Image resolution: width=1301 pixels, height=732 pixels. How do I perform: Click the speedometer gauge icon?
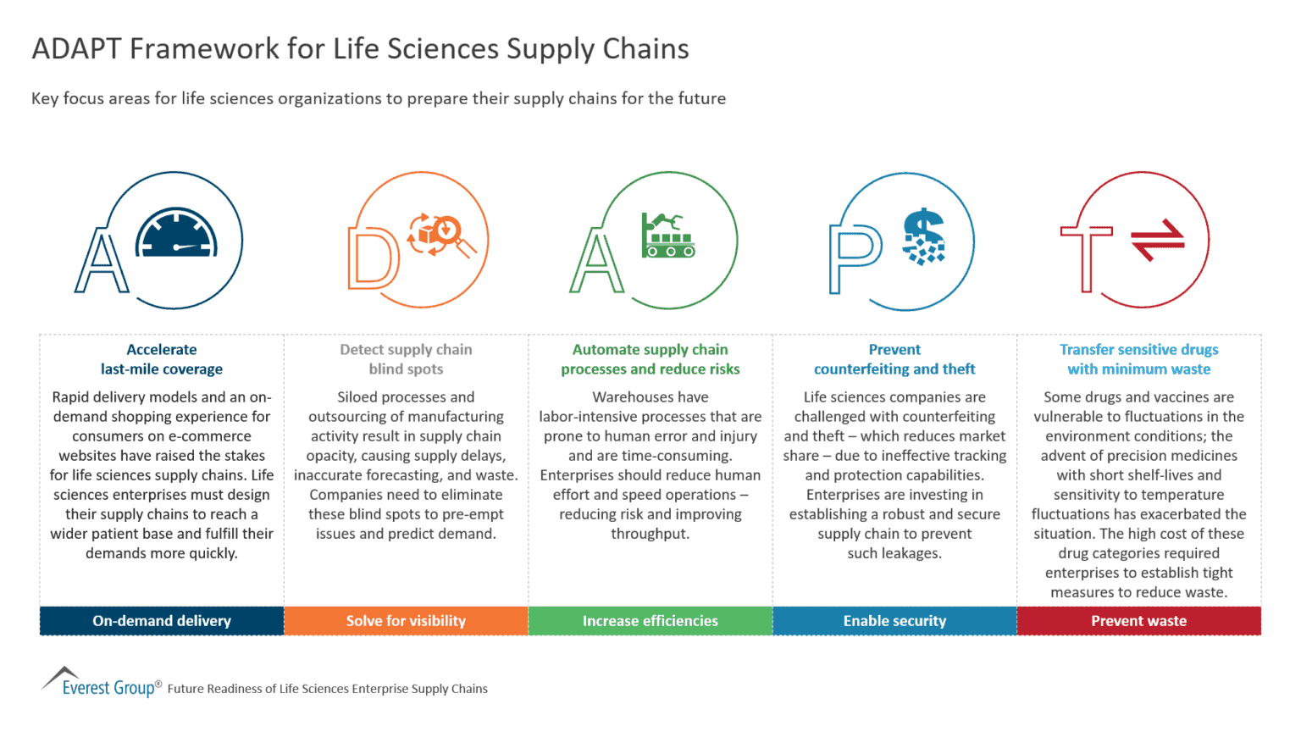click(176, 233)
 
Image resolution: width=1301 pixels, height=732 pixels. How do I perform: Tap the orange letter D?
click(373, 258)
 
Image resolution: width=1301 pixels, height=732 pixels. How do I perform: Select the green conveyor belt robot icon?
click(668, 236)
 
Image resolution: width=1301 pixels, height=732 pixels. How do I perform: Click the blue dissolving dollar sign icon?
click(922, 236)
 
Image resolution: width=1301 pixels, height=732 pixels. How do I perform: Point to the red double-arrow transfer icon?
click(1158, 240)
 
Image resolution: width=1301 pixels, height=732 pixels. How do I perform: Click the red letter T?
click(1087, 258)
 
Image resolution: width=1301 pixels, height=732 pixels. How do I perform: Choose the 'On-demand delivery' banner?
click(162, 621)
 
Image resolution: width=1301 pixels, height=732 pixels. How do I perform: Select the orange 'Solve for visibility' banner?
click(406, 621)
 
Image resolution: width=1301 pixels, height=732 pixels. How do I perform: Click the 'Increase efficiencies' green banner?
click(650, 621)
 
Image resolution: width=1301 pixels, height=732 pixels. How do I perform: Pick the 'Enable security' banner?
click(894, 621)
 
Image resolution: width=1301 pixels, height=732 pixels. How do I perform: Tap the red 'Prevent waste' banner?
click(1138, 621)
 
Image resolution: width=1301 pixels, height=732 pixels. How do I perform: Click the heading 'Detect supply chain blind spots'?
click(406, 359)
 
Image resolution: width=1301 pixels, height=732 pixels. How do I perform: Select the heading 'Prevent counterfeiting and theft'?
click(894, 359)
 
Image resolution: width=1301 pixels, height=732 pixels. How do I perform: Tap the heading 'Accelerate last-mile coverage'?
click(162, 359)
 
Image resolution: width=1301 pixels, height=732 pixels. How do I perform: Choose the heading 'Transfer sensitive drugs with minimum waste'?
click(1138, 359)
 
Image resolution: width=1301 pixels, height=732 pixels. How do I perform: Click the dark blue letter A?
click(102, 262)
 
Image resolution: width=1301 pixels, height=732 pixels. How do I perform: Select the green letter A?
click(596, 262)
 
